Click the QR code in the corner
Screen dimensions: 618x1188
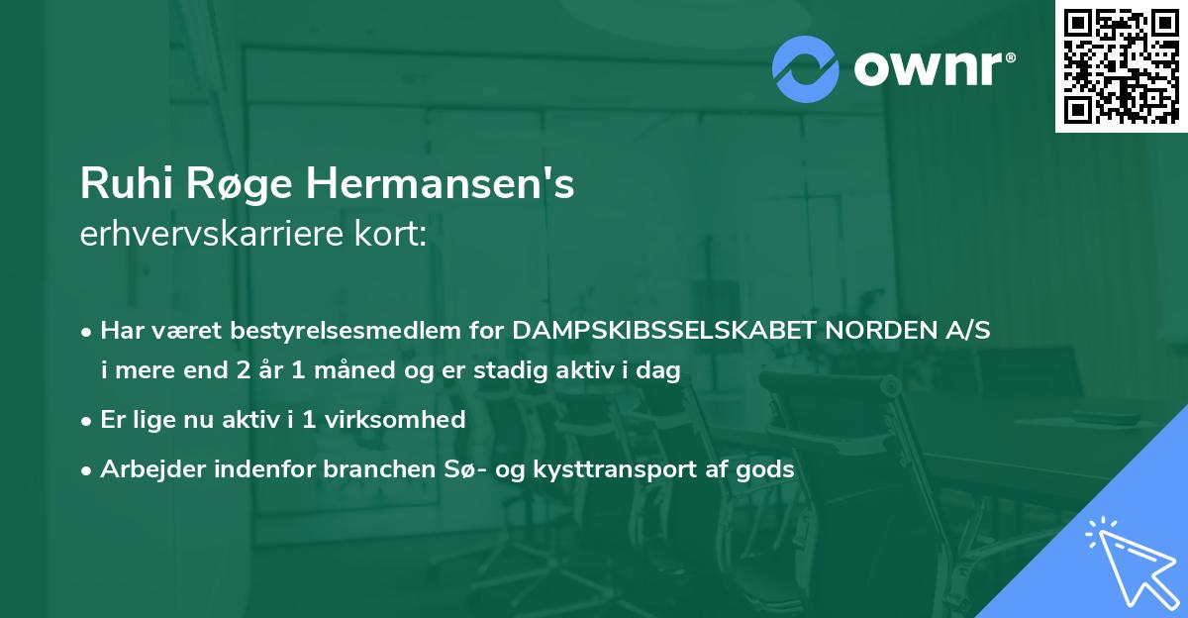point(1121,65)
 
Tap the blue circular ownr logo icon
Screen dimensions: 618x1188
point(804,68)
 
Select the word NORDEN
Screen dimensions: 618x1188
point(879,331)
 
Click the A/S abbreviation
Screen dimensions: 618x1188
point(967,331)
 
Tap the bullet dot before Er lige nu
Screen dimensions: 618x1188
point(87,420)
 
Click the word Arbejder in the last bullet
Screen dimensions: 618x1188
point(143,469)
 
